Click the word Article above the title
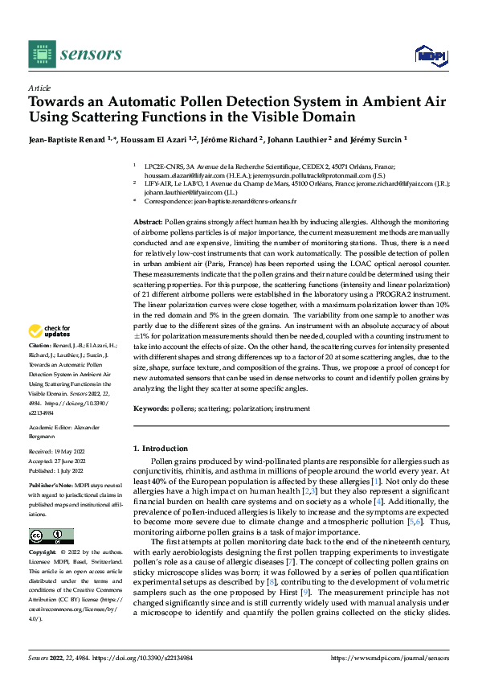(x=39, y=88)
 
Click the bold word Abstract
(x=148, y=220)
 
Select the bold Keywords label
(x=151, y=408)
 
